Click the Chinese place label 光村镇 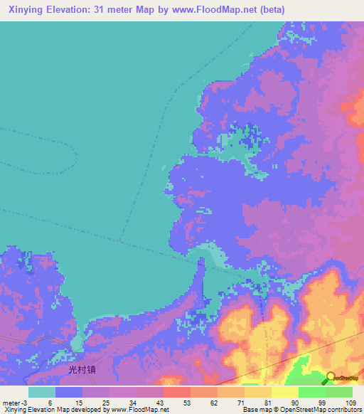(x=82, y=370)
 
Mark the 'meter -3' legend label (x=15, y=402)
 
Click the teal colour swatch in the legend (x=42, y=392)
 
